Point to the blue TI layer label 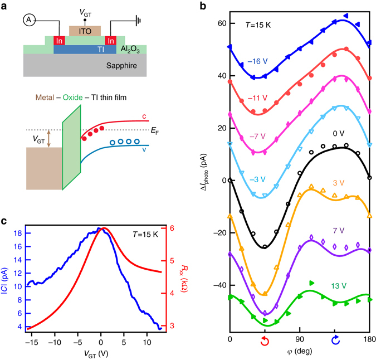pos(85,49)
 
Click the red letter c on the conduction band pos(144,116)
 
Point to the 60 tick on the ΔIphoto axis pos(218,23)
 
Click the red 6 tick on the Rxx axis pos(173,228)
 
